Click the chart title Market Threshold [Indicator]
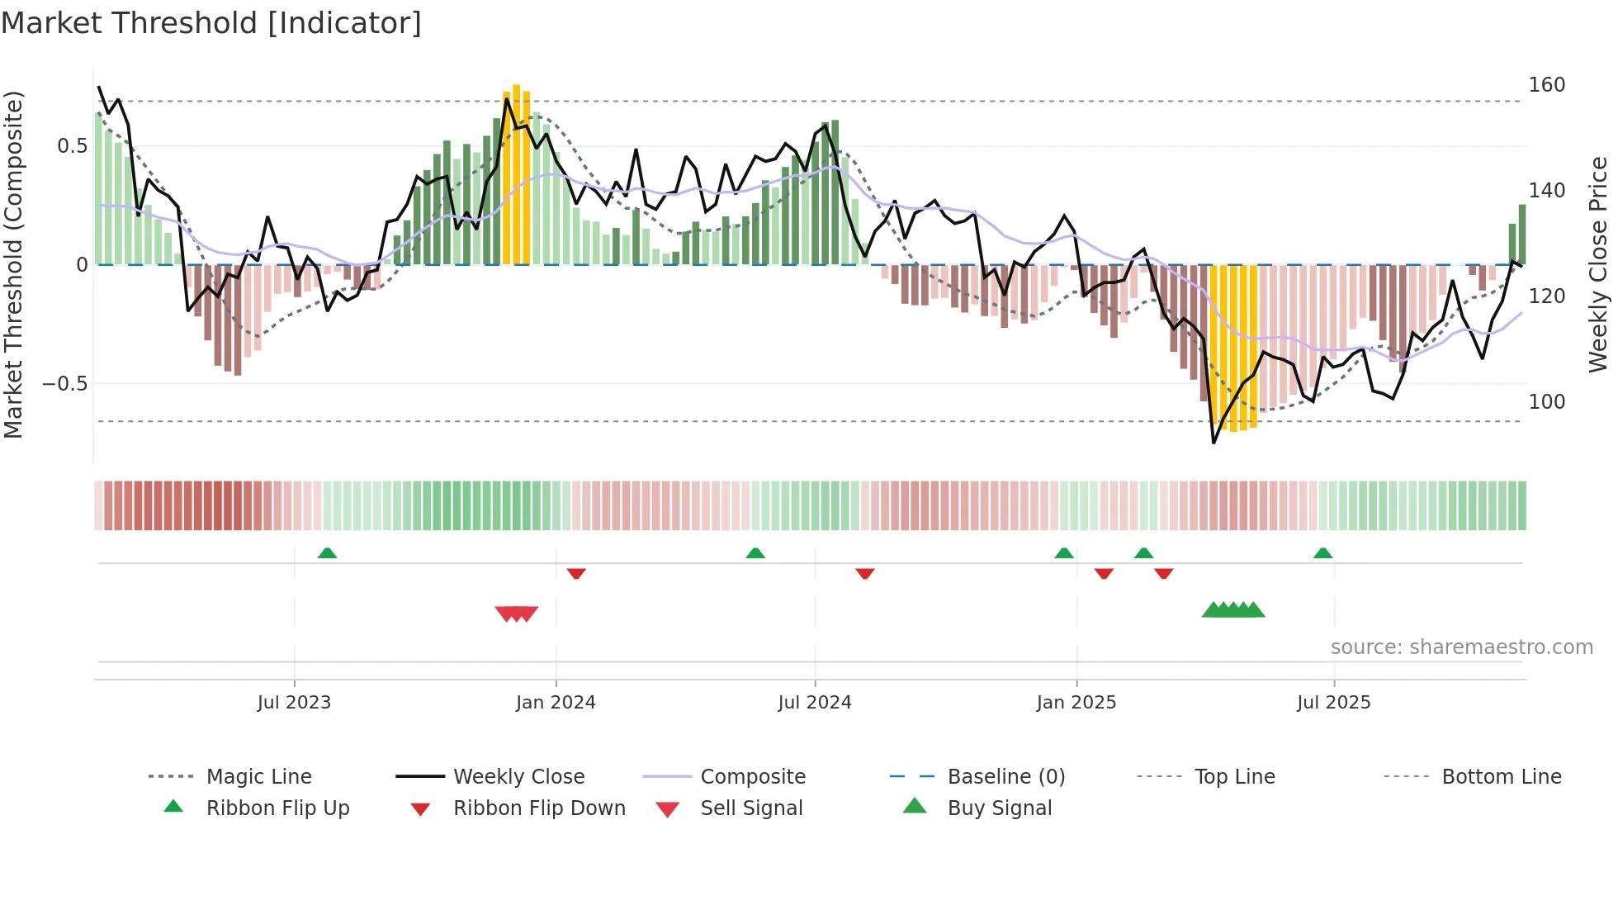click(x=211, y=23)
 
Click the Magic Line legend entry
click(x=258, y=776)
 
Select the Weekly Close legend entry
click(x=518, y=776)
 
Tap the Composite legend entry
click(x=752, y=776)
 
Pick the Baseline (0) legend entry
click(x=1005, y=776)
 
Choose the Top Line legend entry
click(x=1234, y=776)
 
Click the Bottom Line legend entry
click(x=1501, y=776)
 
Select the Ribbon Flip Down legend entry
click(x=538, y=808)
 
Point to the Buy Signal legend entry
click(x=999, y=808)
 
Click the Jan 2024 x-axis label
click(x=556, y=702)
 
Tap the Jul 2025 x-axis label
click(x=1333, y=702)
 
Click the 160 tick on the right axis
click(x=1546, y=85)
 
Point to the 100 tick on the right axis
click(x=1546, y=402)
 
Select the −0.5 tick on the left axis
click(x=64, y=384)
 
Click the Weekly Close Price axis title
click(x=1598, y=264)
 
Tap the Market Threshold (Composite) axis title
click(x=13, y=264)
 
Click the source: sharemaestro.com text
click(x=1461, y=647)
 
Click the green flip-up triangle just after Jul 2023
click(x=327, y=552)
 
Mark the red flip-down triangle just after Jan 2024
click(x=576, y=573)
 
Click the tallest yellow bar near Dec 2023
click(x=517, y=173)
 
